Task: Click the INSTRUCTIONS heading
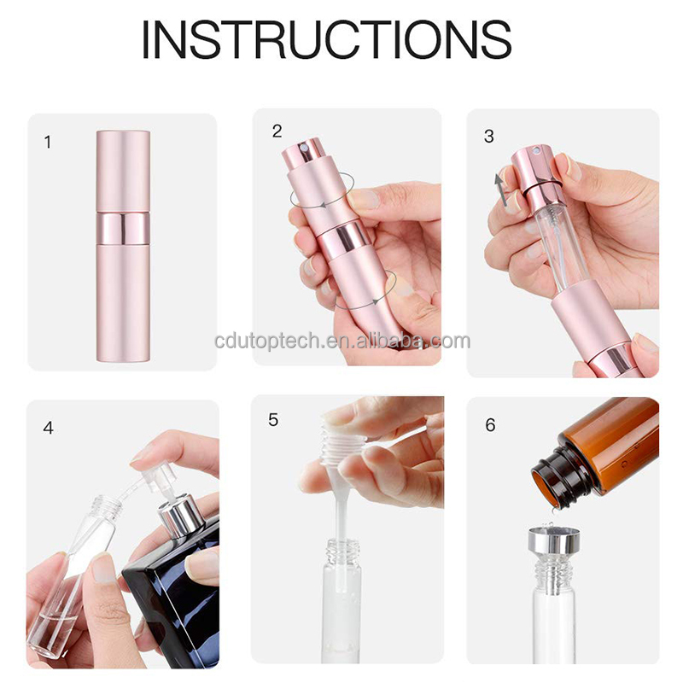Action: point(326,38)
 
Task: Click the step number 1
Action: point(48,142)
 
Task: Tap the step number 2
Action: point(277,131)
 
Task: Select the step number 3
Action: point(489,136)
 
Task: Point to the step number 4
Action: point(48,428)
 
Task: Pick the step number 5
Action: point(273,420)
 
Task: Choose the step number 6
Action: point(490,424)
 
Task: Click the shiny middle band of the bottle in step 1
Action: point(122,226)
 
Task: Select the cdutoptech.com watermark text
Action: point(341,341)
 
